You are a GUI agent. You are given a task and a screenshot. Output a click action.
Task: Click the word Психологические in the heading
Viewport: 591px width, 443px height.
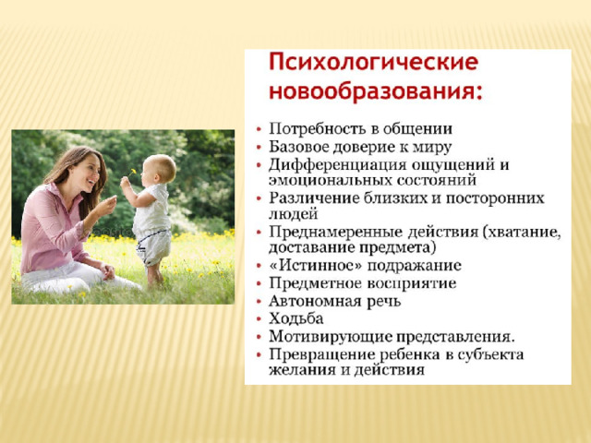point(373,63)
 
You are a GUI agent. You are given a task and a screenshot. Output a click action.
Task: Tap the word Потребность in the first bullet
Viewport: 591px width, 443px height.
point(318,129)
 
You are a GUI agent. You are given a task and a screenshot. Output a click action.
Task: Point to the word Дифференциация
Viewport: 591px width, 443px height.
point(338,165)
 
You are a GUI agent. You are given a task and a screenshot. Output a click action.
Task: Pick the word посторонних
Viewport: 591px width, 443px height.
point(495,198)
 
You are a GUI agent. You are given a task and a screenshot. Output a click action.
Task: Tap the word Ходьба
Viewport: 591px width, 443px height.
point(296,318)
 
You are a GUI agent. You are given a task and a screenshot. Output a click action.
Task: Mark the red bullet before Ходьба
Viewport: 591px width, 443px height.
point(259,319)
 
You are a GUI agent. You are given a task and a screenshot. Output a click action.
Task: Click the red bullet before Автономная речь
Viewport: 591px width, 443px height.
point(259,302)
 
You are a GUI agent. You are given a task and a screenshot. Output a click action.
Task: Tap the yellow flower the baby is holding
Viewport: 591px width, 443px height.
point(133,172)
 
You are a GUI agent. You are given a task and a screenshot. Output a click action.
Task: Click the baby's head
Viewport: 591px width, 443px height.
point(159,169)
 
